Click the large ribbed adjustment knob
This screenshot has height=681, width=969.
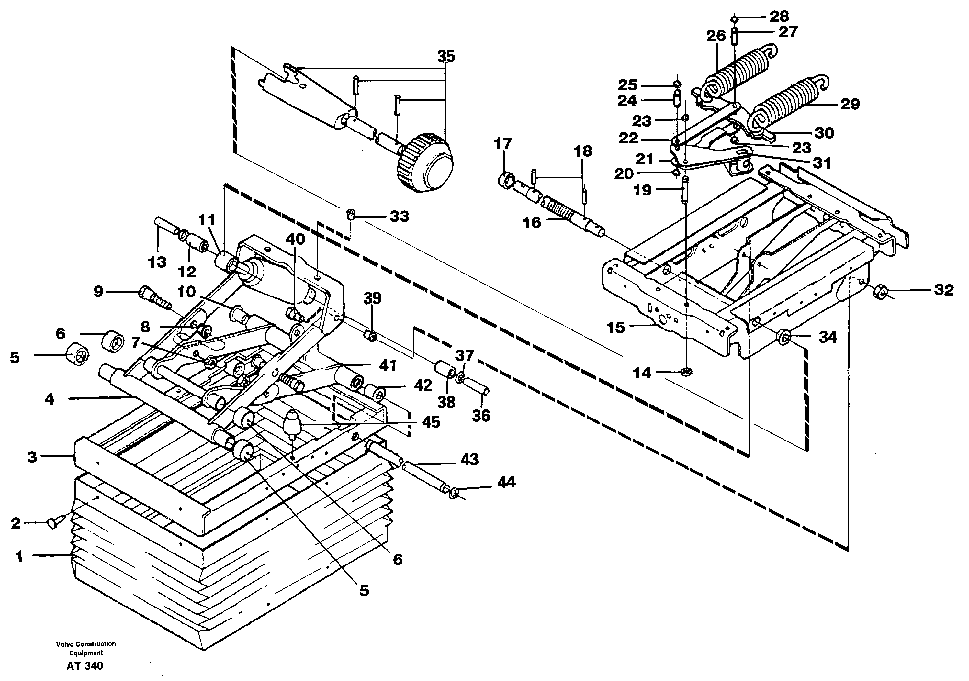424,162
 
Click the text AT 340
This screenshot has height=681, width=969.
85,666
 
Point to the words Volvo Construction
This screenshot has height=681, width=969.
86,644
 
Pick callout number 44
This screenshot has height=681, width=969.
506,482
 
